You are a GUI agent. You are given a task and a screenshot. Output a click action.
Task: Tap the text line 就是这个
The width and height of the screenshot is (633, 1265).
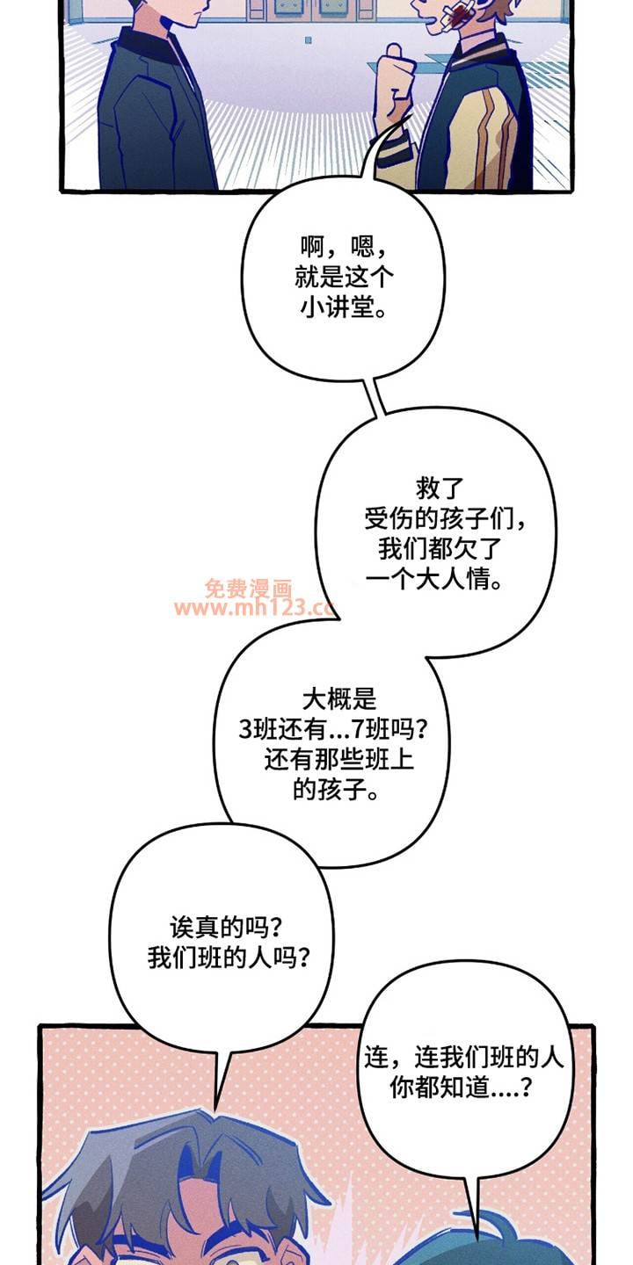pyautogui.click(x=344, y=278)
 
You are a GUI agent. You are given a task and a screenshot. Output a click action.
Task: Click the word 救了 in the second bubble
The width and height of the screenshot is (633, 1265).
pyautogui.click(x=440, y=488)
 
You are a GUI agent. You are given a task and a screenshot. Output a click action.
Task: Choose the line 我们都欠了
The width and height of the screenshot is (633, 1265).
pyautogui.click(x=440, y=549)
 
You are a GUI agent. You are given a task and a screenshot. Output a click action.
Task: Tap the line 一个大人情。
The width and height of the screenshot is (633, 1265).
pyautogui.click(x=434, y=580)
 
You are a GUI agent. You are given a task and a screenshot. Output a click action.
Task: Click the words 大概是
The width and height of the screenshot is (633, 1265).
pyautogui.click(x=339, y=699)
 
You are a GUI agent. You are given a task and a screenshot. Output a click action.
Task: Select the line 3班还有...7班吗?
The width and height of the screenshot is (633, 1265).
pyautogui.click(x=333, y=730)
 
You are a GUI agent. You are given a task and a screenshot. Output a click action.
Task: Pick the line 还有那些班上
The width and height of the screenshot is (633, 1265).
pyautogui.click(x=338, y=760)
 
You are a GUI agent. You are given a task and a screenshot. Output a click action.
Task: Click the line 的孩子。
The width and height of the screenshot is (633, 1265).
pyautogui.click(x=336, y=790)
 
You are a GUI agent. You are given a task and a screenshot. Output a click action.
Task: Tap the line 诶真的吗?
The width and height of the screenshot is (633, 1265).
pyautogui.click(x=226, y=927)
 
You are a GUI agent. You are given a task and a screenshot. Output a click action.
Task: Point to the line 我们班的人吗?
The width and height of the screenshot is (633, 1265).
pyautogui.click(x=229, y=958)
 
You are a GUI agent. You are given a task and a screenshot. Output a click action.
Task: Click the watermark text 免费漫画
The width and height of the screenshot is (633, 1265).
pyautogui.click(x=248, y=589)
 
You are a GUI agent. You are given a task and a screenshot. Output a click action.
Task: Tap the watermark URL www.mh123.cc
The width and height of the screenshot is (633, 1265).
pyautogui.click(x=254, y=608)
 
